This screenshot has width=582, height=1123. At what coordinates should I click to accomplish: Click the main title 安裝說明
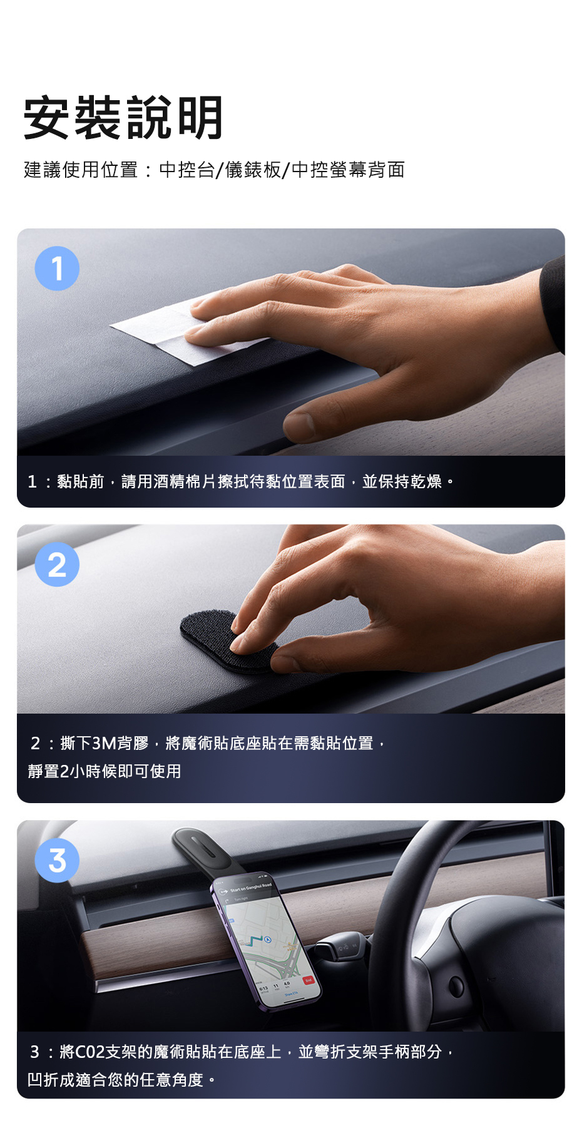point(123,118)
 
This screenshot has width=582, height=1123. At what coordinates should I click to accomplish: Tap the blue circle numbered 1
point(57,269)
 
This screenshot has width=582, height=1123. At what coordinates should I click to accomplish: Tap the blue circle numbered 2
point(57,565)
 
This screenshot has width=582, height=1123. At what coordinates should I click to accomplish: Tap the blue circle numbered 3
point(57,860)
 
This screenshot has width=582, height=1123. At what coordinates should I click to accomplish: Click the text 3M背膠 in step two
point(120,743)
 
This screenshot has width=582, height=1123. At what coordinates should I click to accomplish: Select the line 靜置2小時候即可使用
point(105,771)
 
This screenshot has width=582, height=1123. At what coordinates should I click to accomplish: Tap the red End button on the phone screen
point(308,980)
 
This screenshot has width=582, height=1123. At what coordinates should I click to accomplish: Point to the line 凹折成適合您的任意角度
point(116,1080)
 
